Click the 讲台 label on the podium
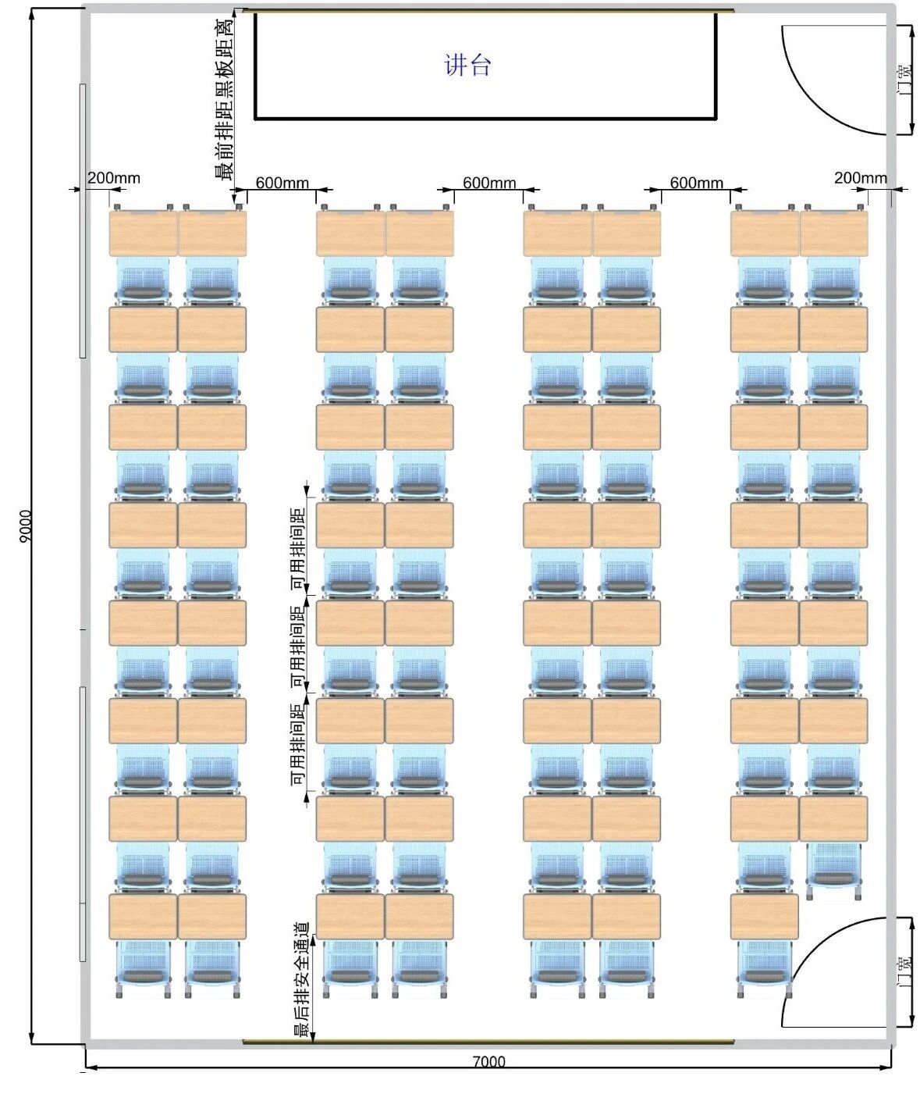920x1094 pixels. click(x=467, y=66)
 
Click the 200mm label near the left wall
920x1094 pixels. click(x=114, y=178)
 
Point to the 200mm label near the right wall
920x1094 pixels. click(x=861, y=178)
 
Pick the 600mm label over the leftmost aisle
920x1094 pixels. click(x=282, y=183)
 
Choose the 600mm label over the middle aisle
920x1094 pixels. click(x=489, y=183)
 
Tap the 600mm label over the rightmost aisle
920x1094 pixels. click(x=696, y=183)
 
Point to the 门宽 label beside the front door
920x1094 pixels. click(x=905, y=80)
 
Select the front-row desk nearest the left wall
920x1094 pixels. click(x=143, y=233)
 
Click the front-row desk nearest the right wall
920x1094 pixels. click(x=833, y=233)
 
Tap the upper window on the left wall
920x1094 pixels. click(x=83, y=220)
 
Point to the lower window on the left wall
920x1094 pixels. click(x=83, y=824)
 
